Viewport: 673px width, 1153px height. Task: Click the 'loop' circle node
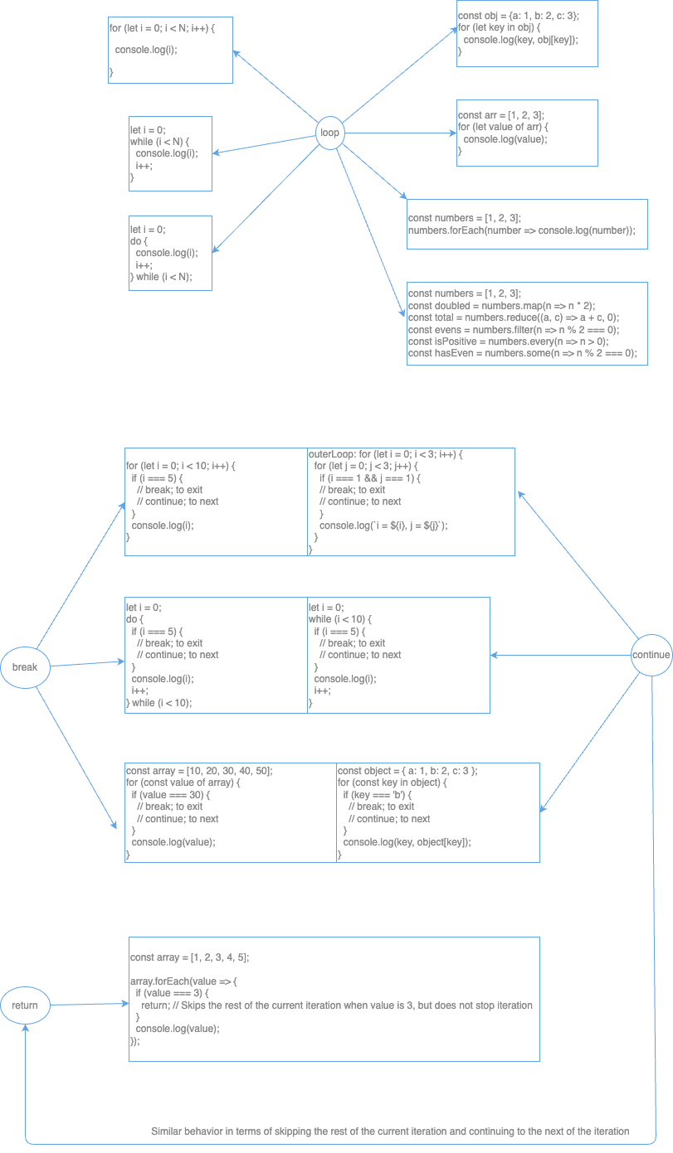(x=329, y=133)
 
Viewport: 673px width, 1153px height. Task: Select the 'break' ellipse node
(x=25, y=667)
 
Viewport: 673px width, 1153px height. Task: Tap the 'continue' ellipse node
(x=651, y=655)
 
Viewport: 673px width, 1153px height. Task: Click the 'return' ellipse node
(x=25, y=1005)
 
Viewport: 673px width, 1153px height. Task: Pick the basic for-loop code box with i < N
(x=170, y=50)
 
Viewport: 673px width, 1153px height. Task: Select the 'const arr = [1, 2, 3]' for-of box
(x=527, y=133)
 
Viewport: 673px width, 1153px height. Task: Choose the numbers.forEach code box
(x=527, y=224)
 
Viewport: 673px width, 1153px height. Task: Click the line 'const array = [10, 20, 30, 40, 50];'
(x=199, y=770)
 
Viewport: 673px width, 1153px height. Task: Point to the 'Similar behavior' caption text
(x=390, y=1131)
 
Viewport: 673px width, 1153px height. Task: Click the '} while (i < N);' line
(x=161, y=277)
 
